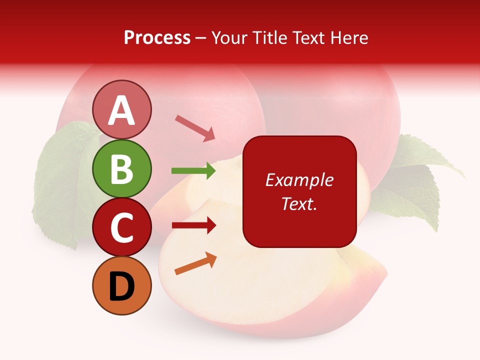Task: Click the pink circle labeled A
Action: click(x=122, y=109)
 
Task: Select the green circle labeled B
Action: click(x=122, y=168)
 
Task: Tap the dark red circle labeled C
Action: click(x=122, y=227)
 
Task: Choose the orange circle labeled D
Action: click(x=122, y=286)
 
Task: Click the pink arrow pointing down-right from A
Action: click(x=195, y=128)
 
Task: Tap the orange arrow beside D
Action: click(x=195, y=263)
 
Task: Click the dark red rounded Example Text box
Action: click(x=299, y=191)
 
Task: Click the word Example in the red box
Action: click(x=299, y=180)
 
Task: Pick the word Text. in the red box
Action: click(x=299, y=203)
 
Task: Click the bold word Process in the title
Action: click(x=157, y=37)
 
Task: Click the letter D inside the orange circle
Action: click(x=122, y=286)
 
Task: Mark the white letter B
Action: click(x=122, y=169)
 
